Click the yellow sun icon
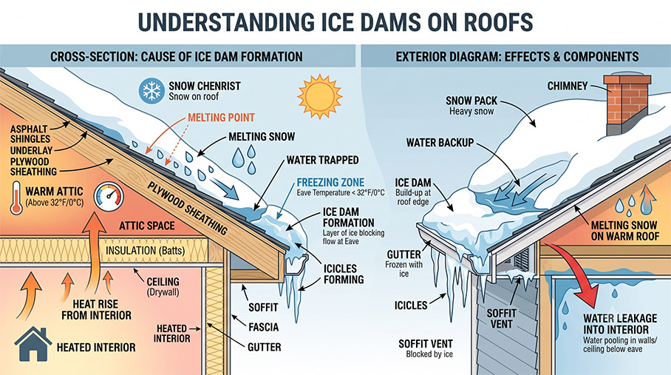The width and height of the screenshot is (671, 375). tap(319, 97)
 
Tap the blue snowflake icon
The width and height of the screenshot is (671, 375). tap(151, 91)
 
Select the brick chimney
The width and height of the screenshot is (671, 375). tap(627, 104)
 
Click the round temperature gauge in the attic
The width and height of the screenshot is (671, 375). tap(109, 197)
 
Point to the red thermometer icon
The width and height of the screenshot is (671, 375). tap(16, 197)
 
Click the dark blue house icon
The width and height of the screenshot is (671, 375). tap(33, 344)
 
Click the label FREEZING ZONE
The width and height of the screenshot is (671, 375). tap(330, 183)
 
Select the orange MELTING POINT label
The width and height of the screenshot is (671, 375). tap(221, 118)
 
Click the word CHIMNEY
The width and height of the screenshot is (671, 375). tap(568, 86)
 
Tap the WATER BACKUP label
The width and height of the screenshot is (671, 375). tap(440, 143)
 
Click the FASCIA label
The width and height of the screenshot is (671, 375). tap(264, 327)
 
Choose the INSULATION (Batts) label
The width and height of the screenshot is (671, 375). tap(145, 251)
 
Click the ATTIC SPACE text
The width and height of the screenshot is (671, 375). tap(147, 226)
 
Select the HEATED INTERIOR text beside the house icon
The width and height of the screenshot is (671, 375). tap(96, 347)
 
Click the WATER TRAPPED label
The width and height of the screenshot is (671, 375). tap(323, 160)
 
